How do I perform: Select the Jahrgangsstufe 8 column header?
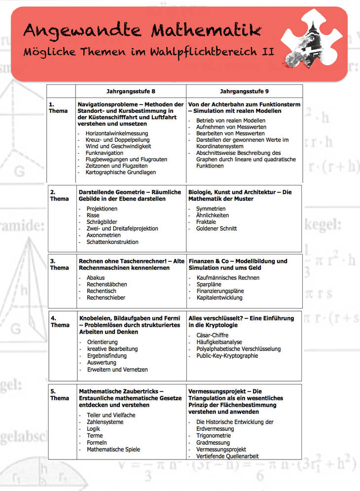[131, 91]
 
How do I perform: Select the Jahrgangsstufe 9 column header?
[244, 91]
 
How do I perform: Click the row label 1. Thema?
[59, 108]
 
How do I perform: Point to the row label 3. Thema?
[59, 265]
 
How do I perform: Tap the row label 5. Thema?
[59, 395]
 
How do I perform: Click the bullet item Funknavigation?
[105, 153]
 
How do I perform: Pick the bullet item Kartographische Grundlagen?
[121, 173]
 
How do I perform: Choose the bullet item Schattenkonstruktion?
[112, 242]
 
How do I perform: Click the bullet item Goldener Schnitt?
[216, 229]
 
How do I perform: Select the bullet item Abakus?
[96, 278]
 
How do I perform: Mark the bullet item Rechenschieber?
[106, 298]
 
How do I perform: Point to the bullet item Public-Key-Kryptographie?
[227, 355]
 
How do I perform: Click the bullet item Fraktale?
[206, 222]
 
